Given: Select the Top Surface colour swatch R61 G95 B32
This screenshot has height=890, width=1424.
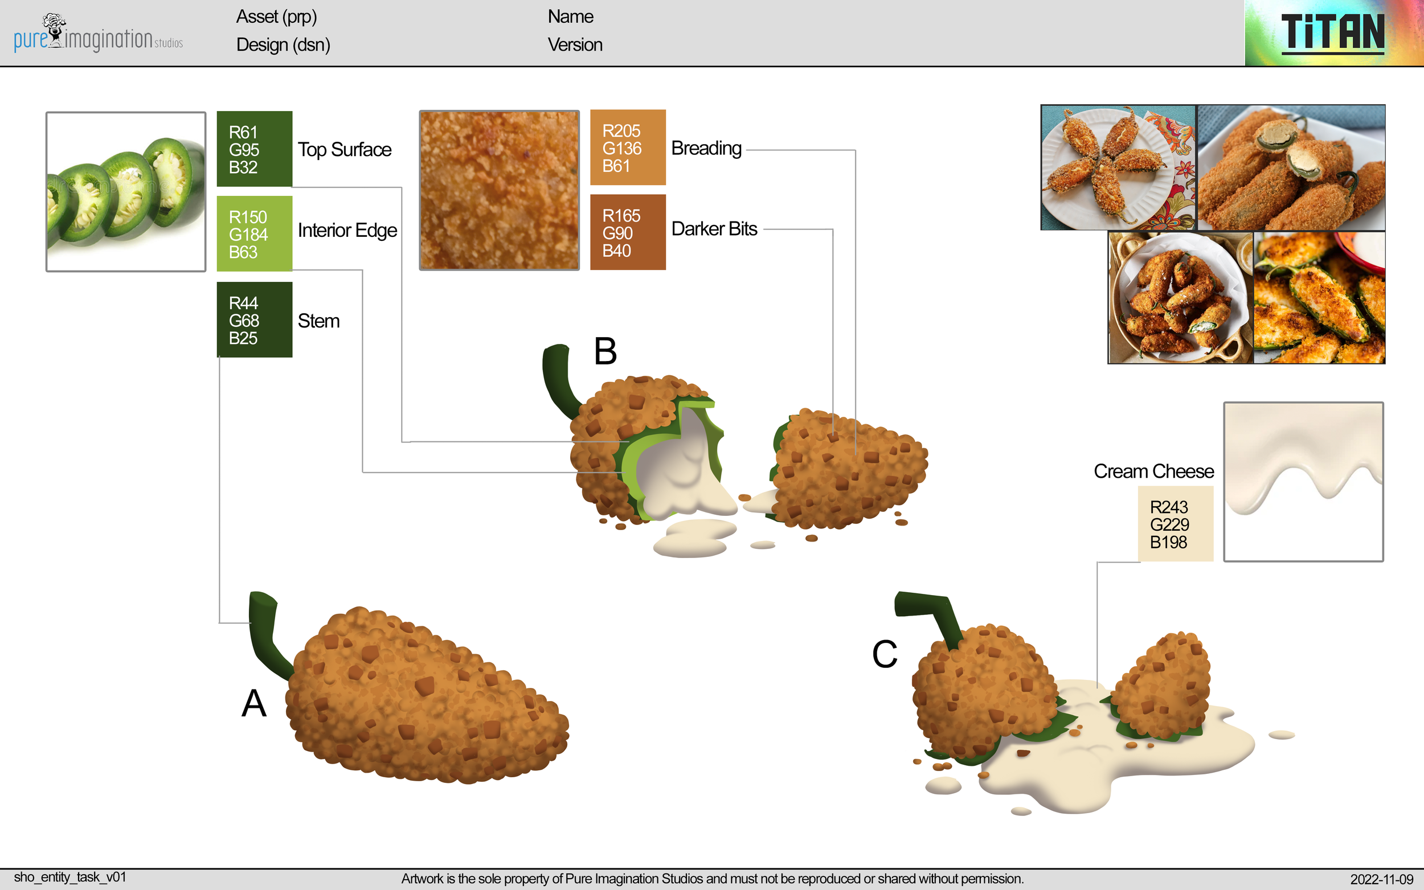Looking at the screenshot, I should click(254, 149).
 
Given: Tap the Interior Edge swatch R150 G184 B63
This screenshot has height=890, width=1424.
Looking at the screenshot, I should click(254, 233).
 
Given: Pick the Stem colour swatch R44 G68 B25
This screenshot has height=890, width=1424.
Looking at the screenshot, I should click(254, 319).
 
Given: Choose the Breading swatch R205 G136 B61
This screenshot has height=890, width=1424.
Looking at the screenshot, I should click(628, 147).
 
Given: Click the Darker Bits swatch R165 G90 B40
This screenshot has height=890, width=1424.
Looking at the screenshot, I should click(628, 232).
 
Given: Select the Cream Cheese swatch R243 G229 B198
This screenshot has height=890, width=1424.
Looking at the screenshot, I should click(1175, 523).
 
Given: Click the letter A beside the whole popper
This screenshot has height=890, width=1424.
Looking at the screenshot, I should click(253, 703).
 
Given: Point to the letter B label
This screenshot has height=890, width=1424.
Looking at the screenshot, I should click(605, 351).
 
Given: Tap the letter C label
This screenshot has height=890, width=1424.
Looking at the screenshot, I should click(884, 654).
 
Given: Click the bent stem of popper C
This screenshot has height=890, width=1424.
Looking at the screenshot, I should click(930, 612).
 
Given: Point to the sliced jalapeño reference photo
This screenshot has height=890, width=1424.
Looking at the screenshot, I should click(126, 192).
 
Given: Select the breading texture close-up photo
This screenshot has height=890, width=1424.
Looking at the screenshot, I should click(499, 190).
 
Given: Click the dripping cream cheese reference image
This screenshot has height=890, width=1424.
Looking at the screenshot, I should click(1303, 482).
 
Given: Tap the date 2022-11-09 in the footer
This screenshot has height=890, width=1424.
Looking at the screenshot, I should click(1381, 879).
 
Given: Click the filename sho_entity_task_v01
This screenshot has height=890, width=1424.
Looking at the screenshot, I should click(70, 877).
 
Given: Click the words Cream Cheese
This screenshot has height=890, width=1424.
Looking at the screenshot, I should click(1153, 471).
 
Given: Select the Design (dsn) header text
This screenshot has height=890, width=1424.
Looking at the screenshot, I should click(283, 45).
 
